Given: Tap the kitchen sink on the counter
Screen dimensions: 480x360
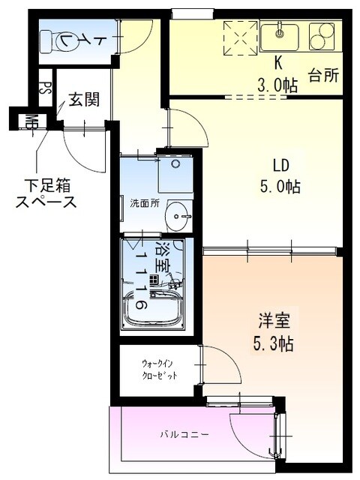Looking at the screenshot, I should (x=280, y=33).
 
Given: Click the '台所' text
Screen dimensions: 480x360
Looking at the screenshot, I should (x=324, y=75).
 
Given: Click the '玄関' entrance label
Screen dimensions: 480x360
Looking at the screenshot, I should (x=83, y=99).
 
